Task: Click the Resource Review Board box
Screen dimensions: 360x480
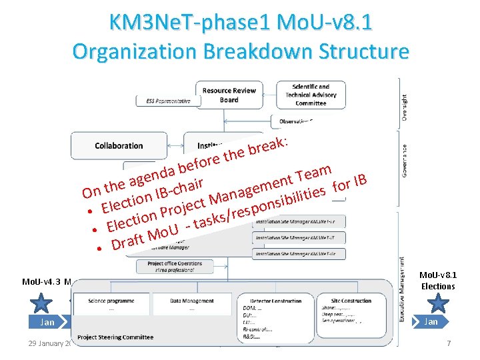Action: [x=229, y=95]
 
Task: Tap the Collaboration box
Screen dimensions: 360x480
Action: [x=119, y=145]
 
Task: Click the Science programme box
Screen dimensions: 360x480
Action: [x=111, y=305]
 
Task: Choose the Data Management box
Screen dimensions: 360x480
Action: [x=192, y=305]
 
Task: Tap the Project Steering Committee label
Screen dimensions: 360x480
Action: [x=115, y=337]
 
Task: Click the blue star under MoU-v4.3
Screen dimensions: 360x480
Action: [x=41, y=304]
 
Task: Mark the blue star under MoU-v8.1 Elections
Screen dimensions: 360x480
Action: [x=437, y=304]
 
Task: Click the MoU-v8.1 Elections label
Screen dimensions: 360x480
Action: [x=437, y=281]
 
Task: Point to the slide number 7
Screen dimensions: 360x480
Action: [x=449, y=343]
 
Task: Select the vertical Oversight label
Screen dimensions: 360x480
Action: [x=405, y=101]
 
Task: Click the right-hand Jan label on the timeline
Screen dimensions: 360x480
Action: [x=431, y=322]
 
